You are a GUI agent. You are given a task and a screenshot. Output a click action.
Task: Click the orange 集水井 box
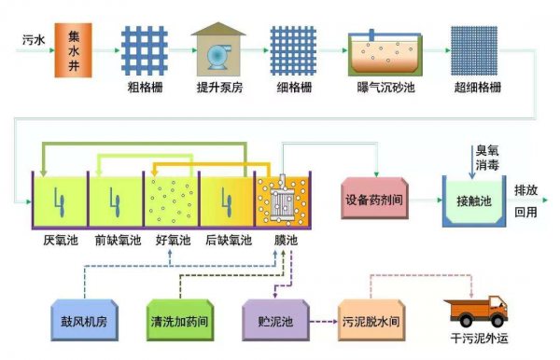click(76, 44)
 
